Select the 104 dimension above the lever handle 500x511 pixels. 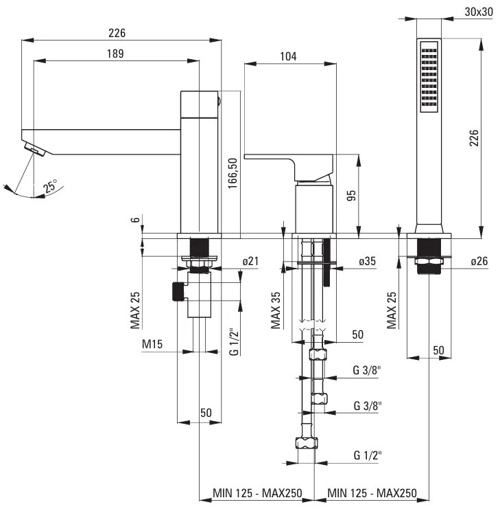click(288, 58)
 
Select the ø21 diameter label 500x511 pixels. click(250, 261)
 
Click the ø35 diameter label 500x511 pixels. click(367, 261)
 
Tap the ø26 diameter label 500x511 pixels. click(479, 261)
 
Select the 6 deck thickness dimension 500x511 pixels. click(136, 221)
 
